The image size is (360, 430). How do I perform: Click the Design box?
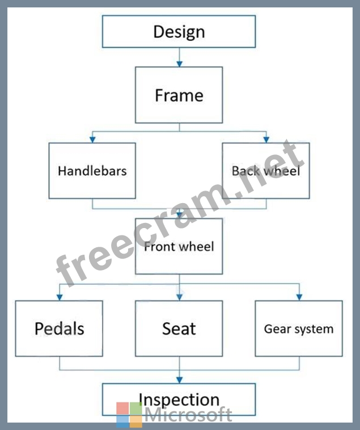pos(179,31)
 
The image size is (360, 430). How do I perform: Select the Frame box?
pos(179,95)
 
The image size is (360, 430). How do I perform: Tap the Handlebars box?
pos(92,170)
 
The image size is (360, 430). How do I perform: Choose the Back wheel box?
pos(265,170)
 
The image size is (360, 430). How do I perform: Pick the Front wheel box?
pos(179,246)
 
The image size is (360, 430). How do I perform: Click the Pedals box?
pos(59,328)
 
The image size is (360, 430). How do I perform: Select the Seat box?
pos(179,328)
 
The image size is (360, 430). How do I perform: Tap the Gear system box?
pos(299,328)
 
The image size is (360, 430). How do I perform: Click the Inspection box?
pos(179,399)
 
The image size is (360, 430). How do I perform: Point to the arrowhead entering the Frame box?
pos(179,63)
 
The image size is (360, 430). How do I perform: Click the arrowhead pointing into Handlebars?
pos(92,139)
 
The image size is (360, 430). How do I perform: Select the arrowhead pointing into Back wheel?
pos(265,139)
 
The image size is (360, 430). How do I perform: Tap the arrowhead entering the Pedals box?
pos(59,297)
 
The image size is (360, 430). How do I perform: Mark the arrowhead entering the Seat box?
pos(179,297)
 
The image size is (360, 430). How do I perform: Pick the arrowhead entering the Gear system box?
pos(299,297)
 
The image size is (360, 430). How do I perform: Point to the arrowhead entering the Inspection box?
pos(179,380)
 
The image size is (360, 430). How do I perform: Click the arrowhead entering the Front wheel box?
pos(179,215)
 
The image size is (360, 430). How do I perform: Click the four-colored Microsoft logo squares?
pos(129,415)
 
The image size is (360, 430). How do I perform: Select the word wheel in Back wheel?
pos(281,170)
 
